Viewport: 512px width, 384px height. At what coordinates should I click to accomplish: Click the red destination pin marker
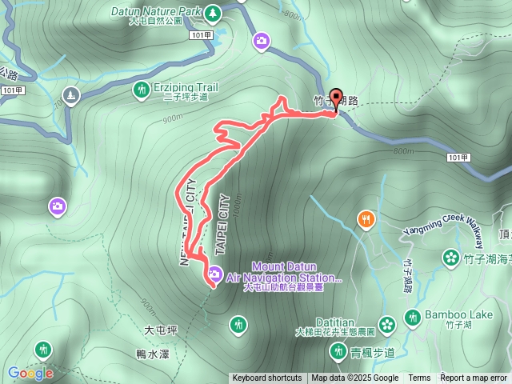point(336,98)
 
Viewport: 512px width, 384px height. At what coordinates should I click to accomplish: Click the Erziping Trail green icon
point(141,90)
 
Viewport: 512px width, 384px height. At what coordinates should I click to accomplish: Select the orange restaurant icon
point(366,218)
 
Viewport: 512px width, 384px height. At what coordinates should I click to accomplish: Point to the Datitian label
point(334,322)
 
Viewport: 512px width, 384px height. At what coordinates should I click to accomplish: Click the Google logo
point(30,373)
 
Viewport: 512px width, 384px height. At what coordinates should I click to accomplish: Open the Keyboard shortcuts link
point(267,378)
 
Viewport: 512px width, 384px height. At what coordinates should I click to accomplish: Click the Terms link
point(419,378)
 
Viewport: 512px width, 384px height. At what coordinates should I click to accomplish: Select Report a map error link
point(474,378)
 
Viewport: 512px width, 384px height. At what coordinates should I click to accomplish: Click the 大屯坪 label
point(159,330)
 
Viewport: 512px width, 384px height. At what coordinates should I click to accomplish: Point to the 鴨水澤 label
point(152,353)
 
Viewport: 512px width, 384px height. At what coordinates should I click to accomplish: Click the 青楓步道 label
point(373,352)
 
